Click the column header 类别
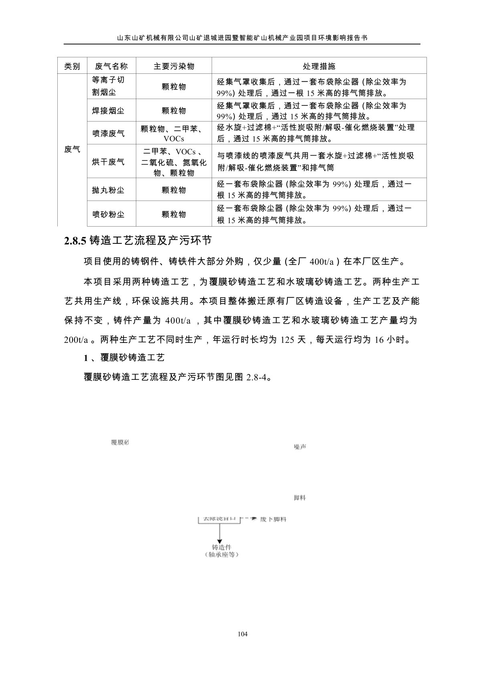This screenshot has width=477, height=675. pyautogui.click(x=72, y=66)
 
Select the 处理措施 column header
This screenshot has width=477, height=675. pyautogui.click(x=319, y=66)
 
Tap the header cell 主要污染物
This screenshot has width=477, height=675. pyautogui.click(x=174, y=66)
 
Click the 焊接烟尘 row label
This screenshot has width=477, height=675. pyautogui.click(x=108, y=111)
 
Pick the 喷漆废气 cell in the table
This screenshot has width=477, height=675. pyautogui.click(x=108, y=133)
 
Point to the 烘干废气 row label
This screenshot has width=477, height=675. pyautogui.click(x=108, y=162)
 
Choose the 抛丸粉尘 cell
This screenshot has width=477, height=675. pyautogui.click(x=108, y=190)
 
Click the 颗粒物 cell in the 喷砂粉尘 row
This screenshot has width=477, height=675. pyautogui.click(x=174, y=214)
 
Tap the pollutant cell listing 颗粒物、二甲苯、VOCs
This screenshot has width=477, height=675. pyautogui.click(x=174, y=134)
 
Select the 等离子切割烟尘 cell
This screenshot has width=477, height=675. pyautogui.click(x=108, y=86)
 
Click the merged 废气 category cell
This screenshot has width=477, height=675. pyautogui.click(x=72, y=150)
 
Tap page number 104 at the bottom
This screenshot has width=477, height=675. pyautogui.click(x=243, y=634)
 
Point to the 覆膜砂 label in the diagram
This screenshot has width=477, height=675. pyautogui.click(x=120, y=442)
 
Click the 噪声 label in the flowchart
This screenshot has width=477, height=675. pyautogui.click(x=300, y=446)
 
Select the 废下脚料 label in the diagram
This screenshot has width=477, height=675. pyautogui.click(x=273, y=519)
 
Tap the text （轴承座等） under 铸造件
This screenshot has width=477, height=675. pyautogui.click(x=221, y=555)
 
